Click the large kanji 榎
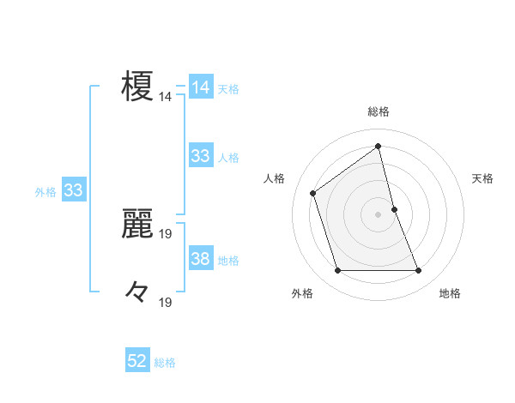point(137,87)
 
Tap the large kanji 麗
point(137,225)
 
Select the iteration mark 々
point(137,293)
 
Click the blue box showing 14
point(201,87)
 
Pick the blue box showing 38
point(201,259)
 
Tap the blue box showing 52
point(137,361)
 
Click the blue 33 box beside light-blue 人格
point(201,156)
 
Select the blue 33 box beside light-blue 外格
point(73,190)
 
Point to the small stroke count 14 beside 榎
point(165,97)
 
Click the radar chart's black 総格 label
point(379,111)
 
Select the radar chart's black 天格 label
point(482,178)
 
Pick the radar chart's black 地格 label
point(450,293)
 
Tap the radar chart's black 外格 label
point(302,293)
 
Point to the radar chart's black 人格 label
point(274,178)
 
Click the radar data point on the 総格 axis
point(379,146)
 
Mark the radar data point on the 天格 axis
point(394,208)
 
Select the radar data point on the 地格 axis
point(419,271)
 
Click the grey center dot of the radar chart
point(379,214)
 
